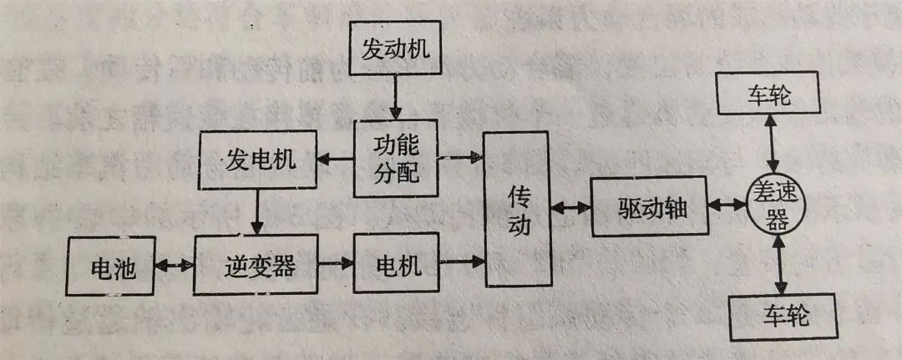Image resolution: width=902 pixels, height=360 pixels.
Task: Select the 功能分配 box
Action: coord(395,158)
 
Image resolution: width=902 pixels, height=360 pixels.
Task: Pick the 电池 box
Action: coord(112,266)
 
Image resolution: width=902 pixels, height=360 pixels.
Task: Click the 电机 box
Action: coord(396,265)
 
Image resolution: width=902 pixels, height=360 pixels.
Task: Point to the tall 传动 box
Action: coord(519,210)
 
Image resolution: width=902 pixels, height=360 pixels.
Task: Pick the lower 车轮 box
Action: coord(783,317)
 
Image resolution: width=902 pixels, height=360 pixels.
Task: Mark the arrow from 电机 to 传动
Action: coord(462,261)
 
